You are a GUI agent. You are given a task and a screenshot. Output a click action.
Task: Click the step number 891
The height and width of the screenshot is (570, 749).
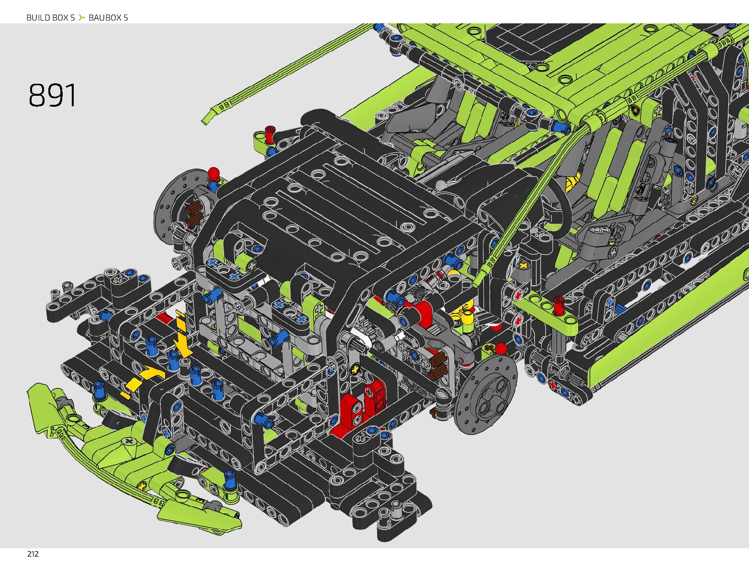tap(52, 95)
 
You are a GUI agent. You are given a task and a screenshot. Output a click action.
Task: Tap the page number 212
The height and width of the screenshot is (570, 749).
tap(33, 554)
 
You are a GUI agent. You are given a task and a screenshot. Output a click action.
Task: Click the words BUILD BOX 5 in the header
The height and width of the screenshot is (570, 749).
tap(51, 17)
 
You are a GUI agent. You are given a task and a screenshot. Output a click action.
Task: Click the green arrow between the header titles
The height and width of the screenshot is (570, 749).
tap(81, 17)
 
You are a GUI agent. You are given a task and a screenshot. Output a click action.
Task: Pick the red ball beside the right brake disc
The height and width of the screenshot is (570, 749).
tap(501, 348)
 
